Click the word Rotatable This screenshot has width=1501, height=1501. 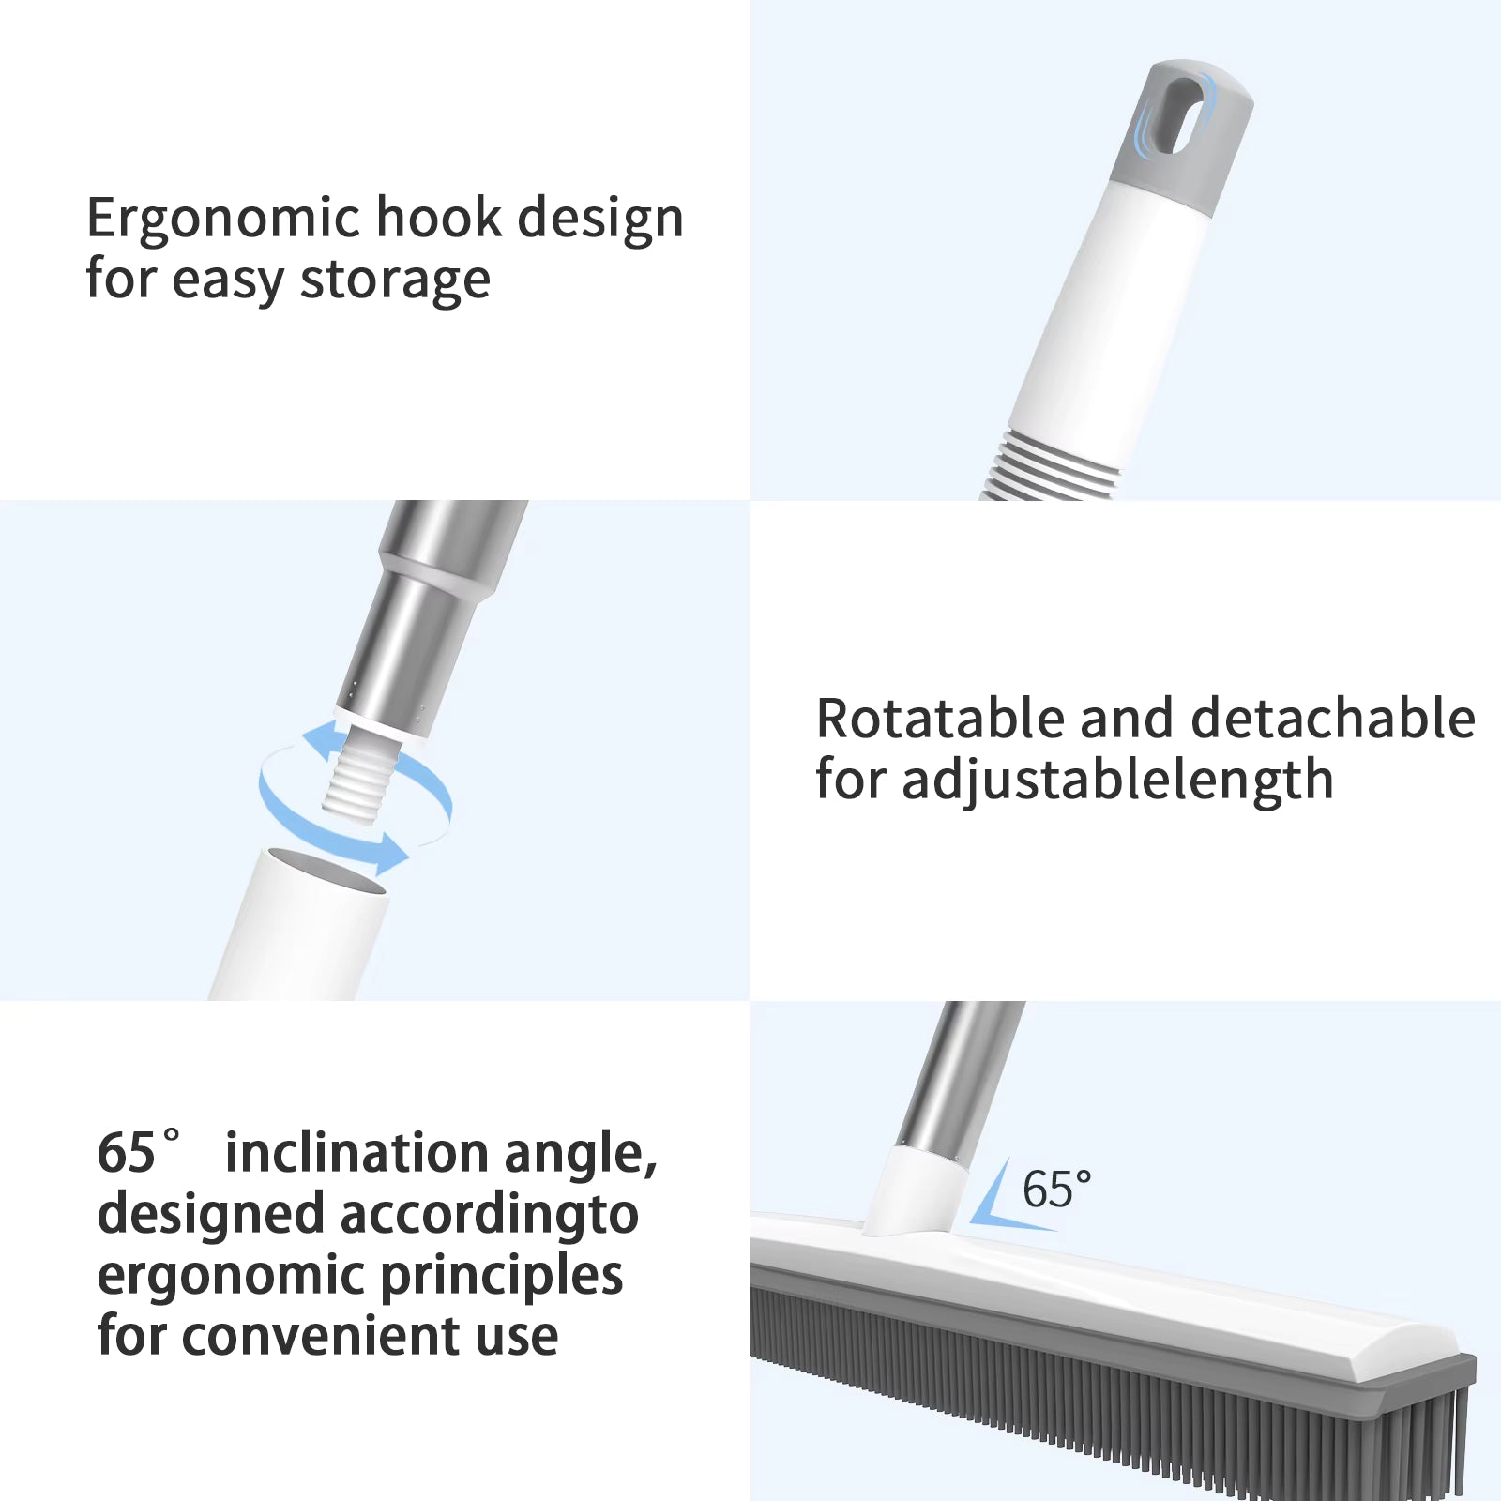tap(940, 719)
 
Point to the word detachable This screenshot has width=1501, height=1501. tap(1333, 719)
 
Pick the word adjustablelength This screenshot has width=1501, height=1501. tap(1117, 781)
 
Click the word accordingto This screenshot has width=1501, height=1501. tap(489, 1216)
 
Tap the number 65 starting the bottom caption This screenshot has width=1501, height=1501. tap(126, 1153)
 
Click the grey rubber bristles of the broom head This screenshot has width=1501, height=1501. tap(1107, 1379)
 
